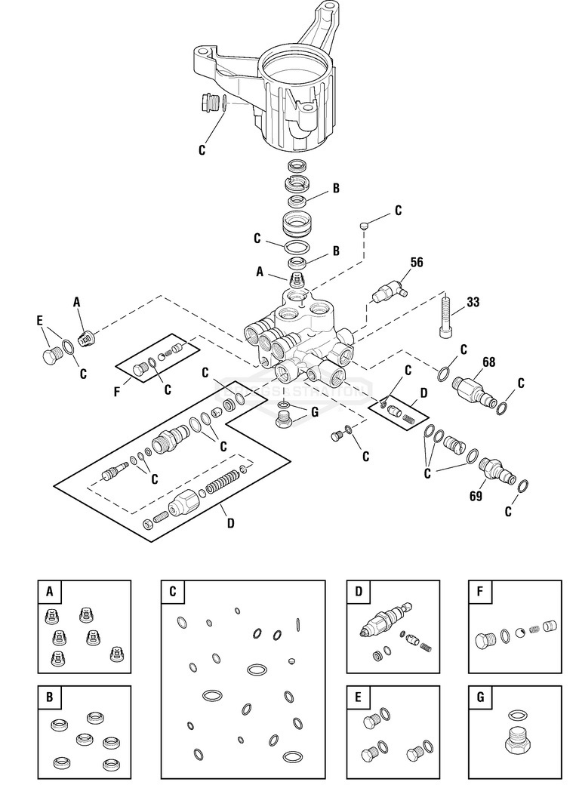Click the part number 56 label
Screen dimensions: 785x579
click(x=416, y=262)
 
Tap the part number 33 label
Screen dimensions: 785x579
click(x=473, y=302)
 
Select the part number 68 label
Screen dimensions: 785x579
click(x=488, y=362)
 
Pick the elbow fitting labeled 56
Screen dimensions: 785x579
click(x=388, y=289)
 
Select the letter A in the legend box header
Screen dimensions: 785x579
click(x=49, y=592)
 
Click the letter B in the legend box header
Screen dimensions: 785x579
click(x=49, y=697)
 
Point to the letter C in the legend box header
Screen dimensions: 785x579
click(x=172, y=592)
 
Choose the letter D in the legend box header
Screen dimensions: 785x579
click(x=358, y=592)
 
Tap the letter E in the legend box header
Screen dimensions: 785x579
click(x=358, y=697)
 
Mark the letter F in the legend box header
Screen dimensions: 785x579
click(x=479, y=592)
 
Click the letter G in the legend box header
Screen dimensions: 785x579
click(x=479, y=697)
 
